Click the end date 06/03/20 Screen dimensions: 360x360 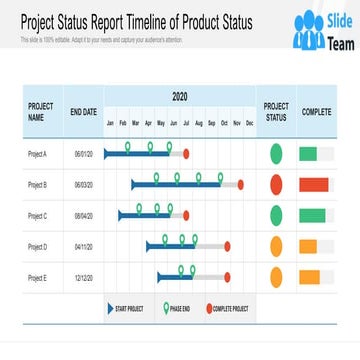click(83, 185)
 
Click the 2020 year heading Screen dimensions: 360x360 click(180, 97)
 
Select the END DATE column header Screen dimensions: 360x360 click(83, 111)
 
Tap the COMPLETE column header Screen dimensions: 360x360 click(317, 111)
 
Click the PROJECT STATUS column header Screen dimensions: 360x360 click(276, 111)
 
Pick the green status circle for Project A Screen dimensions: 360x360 click(277, 154)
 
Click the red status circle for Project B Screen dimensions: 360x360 click(277, 185)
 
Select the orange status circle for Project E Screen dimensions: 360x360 click(277, 276)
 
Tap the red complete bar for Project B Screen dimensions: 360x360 click(314, 185)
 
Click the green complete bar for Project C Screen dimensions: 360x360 click(312, 215)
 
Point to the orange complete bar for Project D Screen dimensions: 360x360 click(308, 246)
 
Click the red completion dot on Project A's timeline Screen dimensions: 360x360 click(187, 154)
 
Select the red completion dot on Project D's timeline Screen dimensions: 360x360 click(227, 246)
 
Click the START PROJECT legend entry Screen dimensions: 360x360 click(126, 310)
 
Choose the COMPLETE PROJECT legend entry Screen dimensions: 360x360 click(227, 310)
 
